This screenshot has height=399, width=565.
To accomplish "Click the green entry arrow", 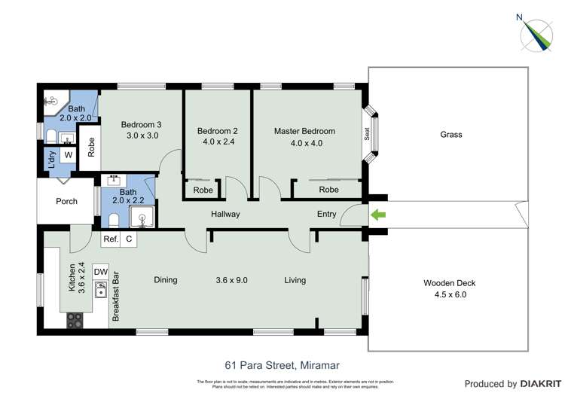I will click(x=379, y=215).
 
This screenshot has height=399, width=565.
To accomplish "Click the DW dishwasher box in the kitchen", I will click(x=101, y=272).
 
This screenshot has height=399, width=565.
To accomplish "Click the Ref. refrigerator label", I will click(x=111, y=239).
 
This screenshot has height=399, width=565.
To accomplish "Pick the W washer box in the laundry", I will click(x=68, y=155).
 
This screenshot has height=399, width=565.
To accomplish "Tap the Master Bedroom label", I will click(x=304, y=131).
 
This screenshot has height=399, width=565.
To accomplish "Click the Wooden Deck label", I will click(x=449, y=283).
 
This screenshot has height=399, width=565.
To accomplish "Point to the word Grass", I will click(x=450, y=135).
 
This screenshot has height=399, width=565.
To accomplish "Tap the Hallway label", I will click(x=225, y=214).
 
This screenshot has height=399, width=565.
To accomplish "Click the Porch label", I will click(x=67, y=201).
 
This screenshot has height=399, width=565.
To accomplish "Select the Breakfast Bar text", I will click(x=117, y=296).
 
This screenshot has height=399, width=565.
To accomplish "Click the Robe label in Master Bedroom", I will click(x=328, y=190).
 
